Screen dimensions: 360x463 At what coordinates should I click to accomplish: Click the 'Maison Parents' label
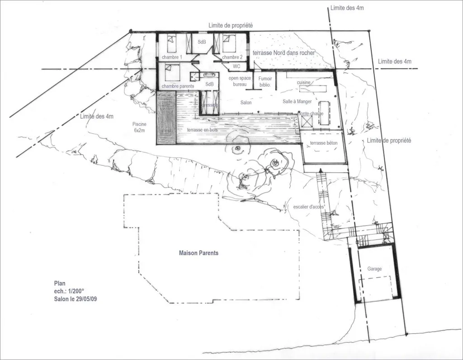(x=198, y=253)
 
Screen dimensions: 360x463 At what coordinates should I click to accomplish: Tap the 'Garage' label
(x=374, y=269)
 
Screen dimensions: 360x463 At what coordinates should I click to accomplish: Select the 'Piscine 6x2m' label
(x=139, y=127)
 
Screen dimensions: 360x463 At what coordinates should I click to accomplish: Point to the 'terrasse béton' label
(x=323, y=143)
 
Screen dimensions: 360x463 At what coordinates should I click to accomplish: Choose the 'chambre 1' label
(x=172, y=57)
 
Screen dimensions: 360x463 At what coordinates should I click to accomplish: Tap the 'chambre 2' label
(x=232, y=57)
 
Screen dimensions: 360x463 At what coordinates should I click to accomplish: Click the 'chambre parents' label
(x=178, y=86)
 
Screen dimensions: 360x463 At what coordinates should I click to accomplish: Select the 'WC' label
(x=236, y=66)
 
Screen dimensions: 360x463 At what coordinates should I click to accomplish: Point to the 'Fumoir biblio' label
(x=265, y=81)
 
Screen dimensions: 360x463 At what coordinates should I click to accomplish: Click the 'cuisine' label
(x=304, y=83)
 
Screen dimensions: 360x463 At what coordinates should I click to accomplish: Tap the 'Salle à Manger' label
(x=297, y=101)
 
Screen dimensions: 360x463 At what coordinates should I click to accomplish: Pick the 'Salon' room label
(x=246, y=103)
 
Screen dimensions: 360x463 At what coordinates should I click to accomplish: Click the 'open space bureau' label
(x=240, y=81)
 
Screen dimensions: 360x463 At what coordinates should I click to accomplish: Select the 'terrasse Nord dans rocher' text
(x=283, y=53)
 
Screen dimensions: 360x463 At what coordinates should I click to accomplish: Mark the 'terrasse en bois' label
(x=202, y=130)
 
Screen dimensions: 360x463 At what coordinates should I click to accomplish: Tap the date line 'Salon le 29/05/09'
(x=75, y=298)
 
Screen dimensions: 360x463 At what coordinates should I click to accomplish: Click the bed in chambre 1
(x=171, y=44)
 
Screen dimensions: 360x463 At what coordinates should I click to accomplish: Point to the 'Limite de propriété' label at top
(x=231, y=26)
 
